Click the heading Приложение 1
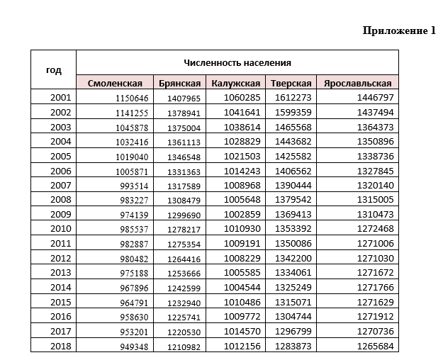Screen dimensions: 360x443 click(400, 30)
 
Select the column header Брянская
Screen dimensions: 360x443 click(179, 83)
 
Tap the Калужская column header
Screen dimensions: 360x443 click(236, 83)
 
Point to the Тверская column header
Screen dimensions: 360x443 click(291, 83)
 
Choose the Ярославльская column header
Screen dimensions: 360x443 click(358, 83)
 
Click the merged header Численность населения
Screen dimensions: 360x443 click(237, 62)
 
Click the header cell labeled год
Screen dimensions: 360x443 click(54, 69)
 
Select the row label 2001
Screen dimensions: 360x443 click(61, 97)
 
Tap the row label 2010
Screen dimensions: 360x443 click(61, 228)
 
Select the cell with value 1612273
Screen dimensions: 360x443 click(293, 97)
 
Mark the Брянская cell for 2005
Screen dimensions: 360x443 click(183, 156)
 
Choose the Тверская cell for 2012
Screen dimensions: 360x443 click(293, 258)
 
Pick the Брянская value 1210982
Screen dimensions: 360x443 click(183, 346)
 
